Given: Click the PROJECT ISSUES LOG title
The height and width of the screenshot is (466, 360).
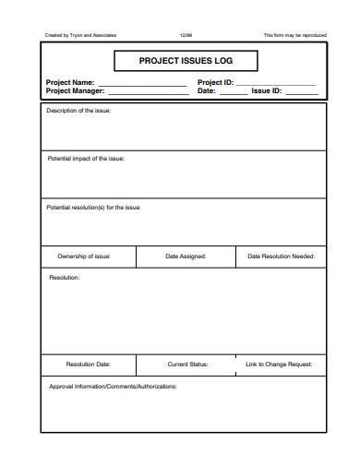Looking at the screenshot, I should point(186,62).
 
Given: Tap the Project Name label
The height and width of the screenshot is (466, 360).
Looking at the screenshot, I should point(70,83).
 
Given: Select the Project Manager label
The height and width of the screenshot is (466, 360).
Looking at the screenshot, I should point(76,91).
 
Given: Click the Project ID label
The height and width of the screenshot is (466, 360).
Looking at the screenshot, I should point(216,83).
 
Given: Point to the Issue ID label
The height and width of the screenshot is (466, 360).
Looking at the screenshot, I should point(269,91).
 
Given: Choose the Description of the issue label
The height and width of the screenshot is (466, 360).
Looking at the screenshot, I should point(80,111).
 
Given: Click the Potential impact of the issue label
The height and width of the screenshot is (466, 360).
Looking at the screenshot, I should point(86,159).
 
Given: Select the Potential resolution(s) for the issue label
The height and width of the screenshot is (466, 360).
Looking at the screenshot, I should point(93,208).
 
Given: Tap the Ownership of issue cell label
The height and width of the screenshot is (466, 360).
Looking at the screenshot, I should point(84,257).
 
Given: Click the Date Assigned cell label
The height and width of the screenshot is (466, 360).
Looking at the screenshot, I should point(186,257).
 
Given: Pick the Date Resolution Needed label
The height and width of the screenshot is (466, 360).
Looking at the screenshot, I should point(281,257).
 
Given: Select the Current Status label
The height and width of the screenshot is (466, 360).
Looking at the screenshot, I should point(187,364).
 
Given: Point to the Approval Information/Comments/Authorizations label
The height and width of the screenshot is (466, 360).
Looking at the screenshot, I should point(112,387).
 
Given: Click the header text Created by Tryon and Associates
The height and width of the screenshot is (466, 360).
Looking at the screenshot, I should point(81,35).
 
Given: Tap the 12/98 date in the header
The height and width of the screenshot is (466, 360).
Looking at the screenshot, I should point(186,35).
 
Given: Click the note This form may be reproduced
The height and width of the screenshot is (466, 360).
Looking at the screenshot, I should point(294,35).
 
